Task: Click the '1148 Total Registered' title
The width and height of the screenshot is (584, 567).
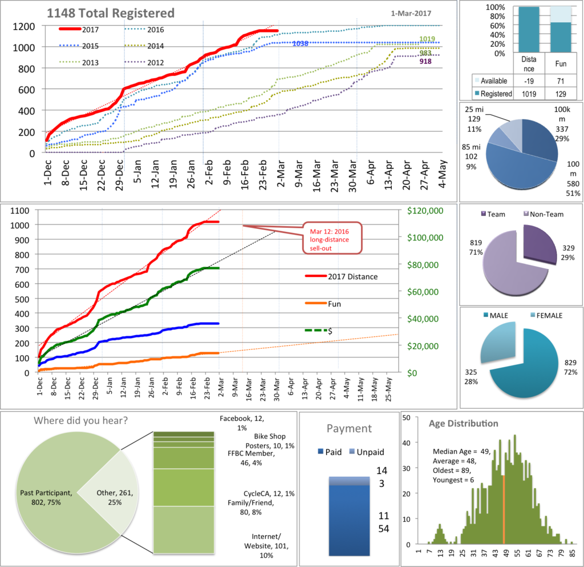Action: click(111, 13)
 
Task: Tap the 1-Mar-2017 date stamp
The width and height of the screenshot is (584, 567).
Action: click(411, 13)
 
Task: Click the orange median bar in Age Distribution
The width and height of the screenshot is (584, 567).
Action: click(504, 509)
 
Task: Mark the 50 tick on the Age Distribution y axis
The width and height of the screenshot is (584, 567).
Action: click(408, 418)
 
